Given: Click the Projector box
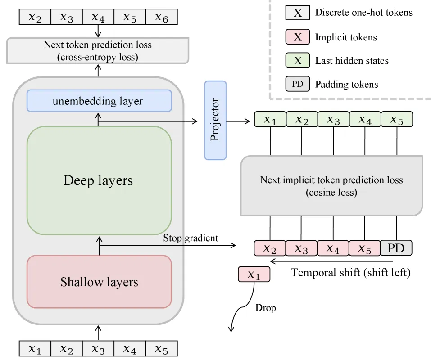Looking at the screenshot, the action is [215, 120].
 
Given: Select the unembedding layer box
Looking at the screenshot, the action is [99, 101].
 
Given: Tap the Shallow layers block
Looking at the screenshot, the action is [99, 282].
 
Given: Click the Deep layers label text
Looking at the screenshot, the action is [98, 180].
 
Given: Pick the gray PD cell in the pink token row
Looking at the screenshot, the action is [396, 248].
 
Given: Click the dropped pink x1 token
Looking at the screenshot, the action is [254, 274].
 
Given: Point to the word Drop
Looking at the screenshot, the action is [266, 308].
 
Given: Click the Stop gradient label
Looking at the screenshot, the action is [191, 238].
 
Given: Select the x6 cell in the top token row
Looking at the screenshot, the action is [162, 17].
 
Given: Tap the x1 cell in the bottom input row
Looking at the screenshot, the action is [35, 348].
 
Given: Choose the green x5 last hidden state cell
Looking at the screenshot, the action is [397, 119].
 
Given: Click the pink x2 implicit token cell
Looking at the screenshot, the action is [270, 248].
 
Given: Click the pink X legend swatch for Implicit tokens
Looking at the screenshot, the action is [298, 36].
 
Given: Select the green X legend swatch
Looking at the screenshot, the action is [298, 60].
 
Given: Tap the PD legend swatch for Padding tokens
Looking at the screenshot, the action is [298, 84].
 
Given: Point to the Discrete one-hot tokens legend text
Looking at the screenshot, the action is [363, 12].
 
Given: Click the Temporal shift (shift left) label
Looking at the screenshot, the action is [351, 272].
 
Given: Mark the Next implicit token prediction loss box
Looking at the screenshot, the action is [331, 186].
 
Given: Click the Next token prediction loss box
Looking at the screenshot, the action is [98, 51].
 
